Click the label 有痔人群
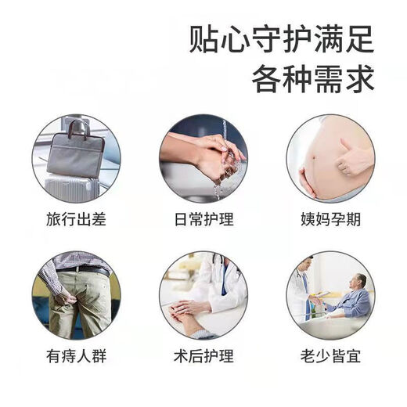point(75,357)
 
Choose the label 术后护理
point(203,357)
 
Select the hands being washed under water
point(207,157)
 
